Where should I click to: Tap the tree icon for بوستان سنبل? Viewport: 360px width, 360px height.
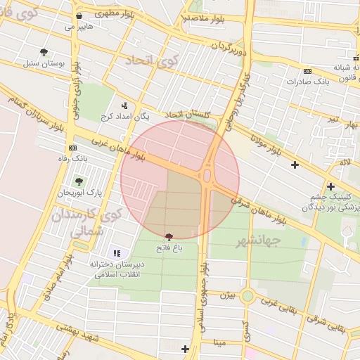tap(44, 52)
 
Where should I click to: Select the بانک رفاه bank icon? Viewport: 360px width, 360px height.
tap(72, 148)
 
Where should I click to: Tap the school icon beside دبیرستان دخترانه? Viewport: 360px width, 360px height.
tap(116, 253)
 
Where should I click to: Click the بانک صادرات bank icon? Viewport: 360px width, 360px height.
tap(307, 71)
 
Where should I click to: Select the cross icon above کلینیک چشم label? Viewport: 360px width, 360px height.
tap(330, 186)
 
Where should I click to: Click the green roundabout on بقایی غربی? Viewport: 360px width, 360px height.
tap(247, 296)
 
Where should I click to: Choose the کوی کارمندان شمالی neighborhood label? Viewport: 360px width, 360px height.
tap(87, 221)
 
